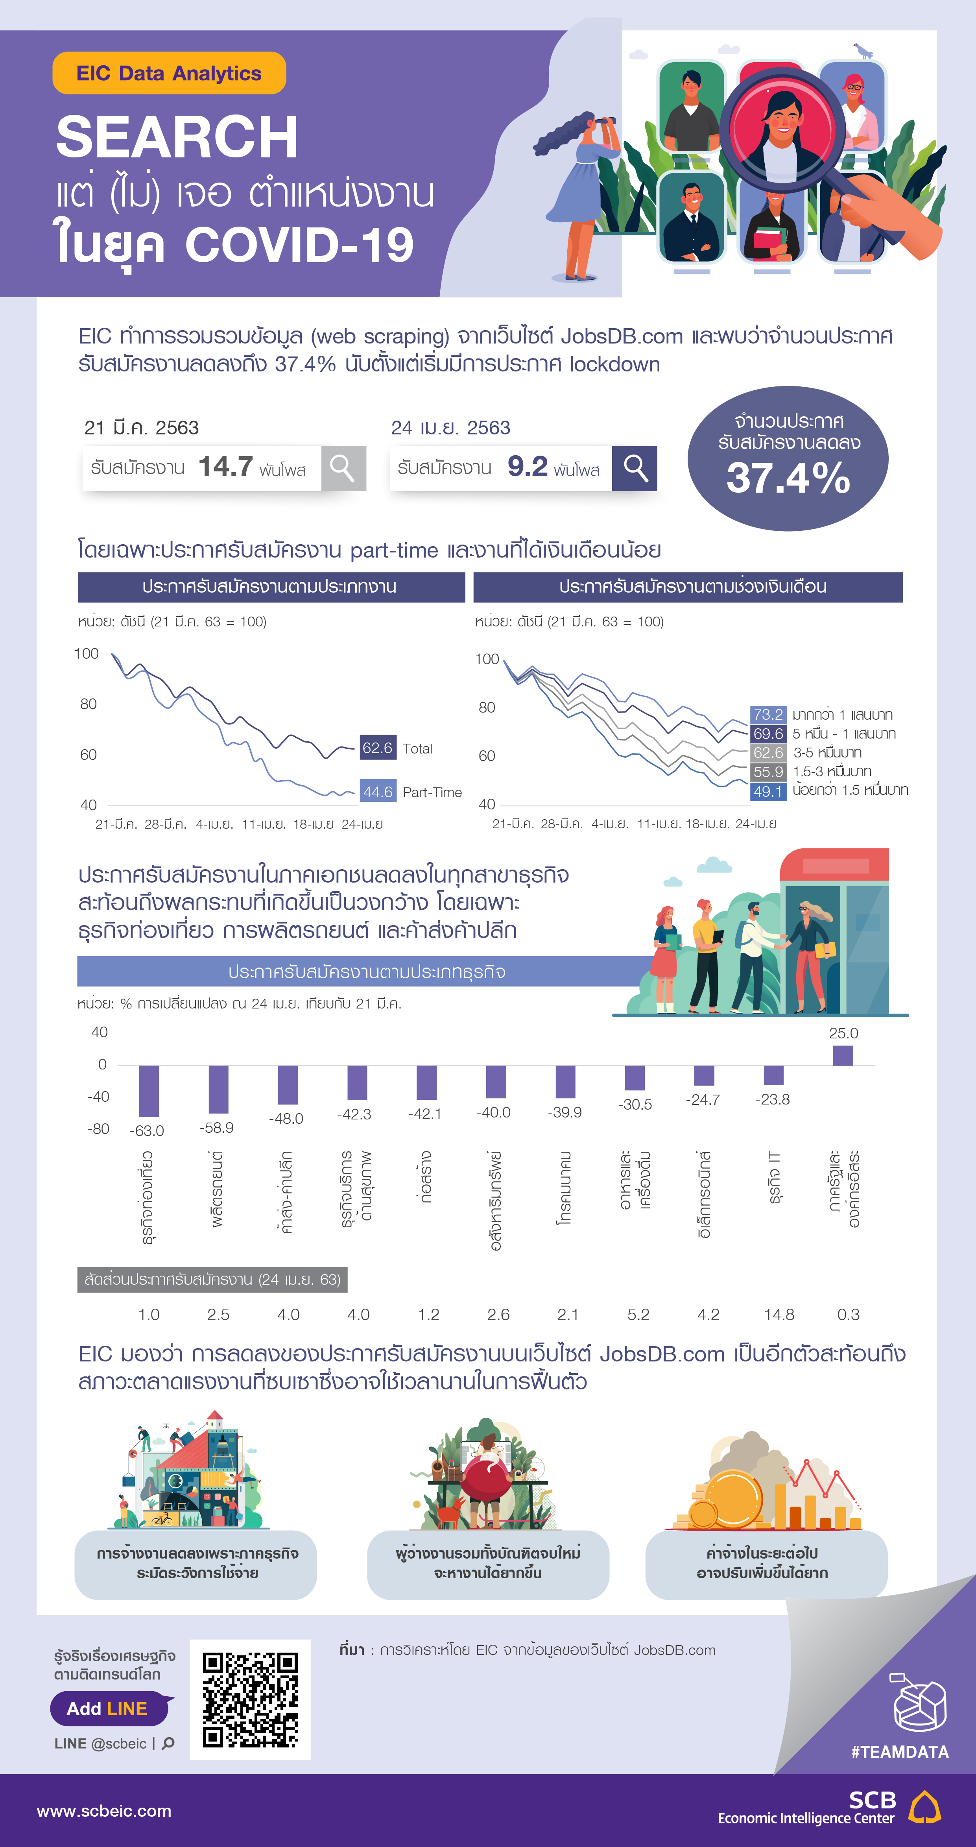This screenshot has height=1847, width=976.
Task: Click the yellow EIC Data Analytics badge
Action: [x=169, y=73]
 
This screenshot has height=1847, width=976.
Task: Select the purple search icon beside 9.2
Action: [x=634, y=468]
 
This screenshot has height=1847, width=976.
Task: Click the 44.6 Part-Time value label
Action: [x=378, y=792]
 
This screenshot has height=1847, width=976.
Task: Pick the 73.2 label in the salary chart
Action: [x=768, y=714]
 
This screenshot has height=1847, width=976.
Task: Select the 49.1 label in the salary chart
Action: [x=768, y=791]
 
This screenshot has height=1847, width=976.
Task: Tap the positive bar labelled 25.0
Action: [x=843, y=1055]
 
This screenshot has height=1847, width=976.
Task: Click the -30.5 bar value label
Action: [x=635, y=1104]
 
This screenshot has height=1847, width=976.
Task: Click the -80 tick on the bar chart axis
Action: [x=98, y=1129]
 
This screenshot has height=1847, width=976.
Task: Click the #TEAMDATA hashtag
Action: [x=899, y=1752]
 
